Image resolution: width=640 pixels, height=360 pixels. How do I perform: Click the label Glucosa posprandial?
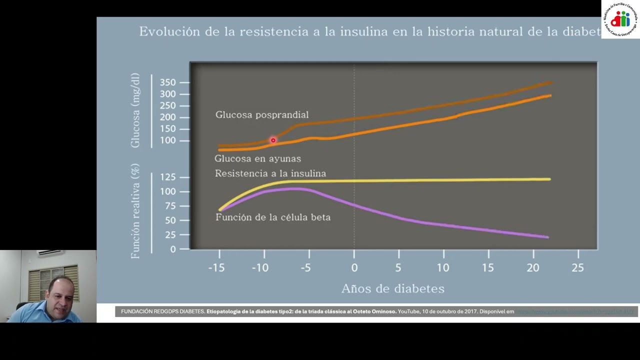click(261, 115)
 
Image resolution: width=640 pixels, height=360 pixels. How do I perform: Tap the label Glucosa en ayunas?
click(257, 158)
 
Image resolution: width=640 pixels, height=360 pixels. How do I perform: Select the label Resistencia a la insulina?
click(270, 173)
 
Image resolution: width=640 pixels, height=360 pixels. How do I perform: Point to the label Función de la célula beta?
click(272, 217)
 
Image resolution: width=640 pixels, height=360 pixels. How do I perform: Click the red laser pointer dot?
click(273, 140)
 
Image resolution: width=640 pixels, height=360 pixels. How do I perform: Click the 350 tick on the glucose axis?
click(168, 82)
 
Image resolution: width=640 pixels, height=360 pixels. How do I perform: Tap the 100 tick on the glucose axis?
click(168, 140)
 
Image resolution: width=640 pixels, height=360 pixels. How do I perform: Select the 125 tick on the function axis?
click(168, 177)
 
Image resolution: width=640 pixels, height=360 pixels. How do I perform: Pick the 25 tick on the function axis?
click(170, 235)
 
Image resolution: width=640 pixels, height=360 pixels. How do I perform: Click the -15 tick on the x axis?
click(216, 268)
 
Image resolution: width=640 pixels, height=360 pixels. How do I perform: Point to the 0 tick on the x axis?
click(354, 268)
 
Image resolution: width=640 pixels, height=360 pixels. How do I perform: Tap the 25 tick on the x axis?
click(577, 268)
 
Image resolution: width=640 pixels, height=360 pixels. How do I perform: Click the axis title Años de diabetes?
click(392, 288)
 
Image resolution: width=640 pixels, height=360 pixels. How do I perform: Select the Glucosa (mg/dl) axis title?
click(135, 111)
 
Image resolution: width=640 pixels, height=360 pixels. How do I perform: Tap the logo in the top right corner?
click(620, 19)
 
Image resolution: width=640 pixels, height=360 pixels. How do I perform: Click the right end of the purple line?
click(547, 237)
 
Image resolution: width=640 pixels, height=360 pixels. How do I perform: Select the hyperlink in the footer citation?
click(575, 311)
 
